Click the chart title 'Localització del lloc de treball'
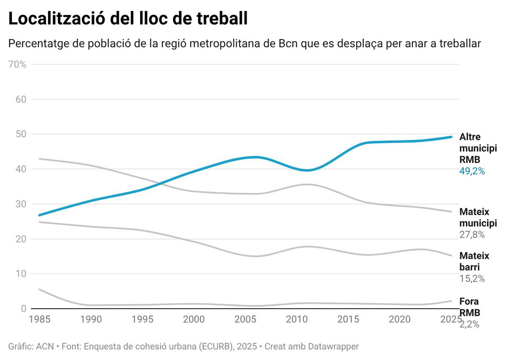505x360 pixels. tap(128, 19)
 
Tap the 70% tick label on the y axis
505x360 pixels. tap(17, 65)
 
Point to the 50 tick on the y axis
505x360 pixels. tap(21, 134)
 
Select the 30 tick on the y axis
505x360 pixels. tap(21, 204)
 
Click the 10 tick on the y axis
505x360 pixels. tap(21, 274)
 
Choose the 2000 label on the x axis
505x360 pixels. tap(194, 320)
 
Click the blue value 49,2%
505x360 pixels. tap(472, 171)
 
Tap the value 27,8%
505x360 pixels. tap(472, 235)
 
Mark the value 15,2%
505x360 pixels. tap(472, 279)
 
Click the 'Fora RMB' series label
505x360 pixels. tap(469, 307)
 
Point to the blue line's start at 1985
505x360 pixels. tap(39, 215)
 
